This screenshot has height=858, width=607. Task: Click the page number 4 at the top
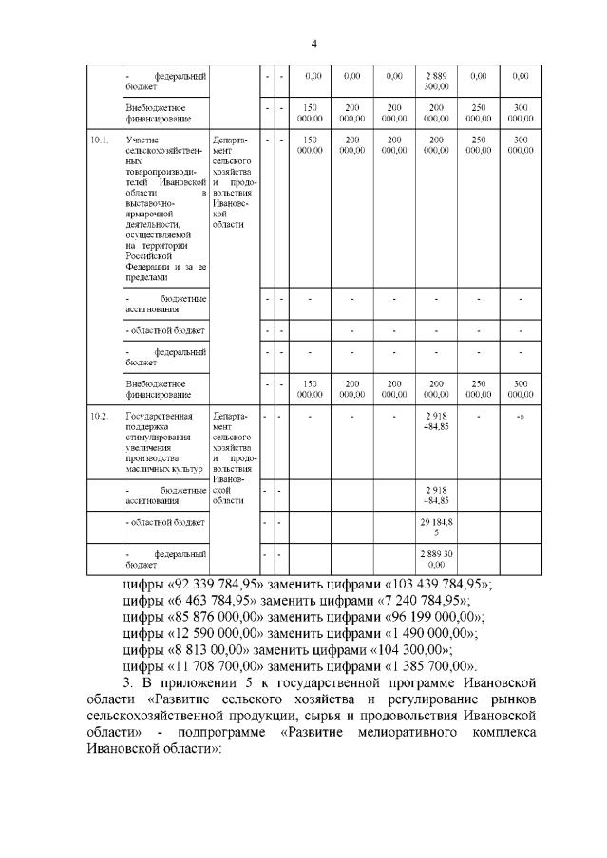point(313,44)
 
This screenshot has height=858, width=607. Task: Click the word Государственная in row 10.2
point(157,416)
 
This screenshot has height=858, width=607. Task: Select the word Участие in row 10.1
point(142,140)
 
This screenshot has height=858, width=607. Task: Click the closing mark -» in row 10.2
point(520,416)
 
